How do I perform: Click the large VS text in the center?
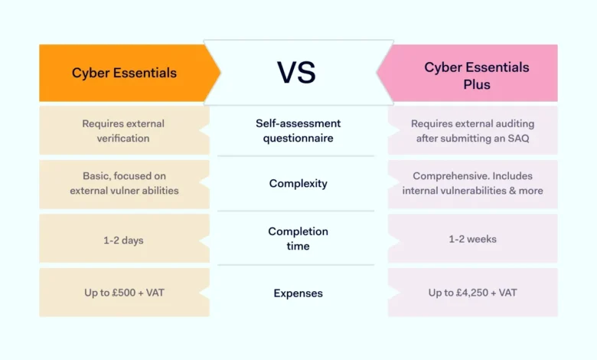click(x=298, y=73)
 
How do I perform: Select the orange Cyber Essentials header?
click(x=124, y=73)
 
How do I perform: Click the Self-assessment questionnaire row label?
click(x=298, y=130)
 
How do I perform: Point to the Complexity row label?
click(x=298, y=183)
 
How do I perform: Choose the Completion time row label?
click(x=298, y=238)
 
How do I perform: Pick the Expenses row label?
click(x=298, y=293)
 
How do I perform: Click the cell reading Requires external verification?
click(x=123, y=130)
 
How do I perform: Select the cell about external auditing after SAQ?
click(x=472, y=130)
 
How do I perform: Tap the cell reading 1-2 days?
click(x=123, y=239)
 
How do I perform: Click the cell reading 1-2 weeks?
click(x=472, y=239)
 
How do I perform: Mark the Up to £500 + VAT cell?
click(x=123, y=293)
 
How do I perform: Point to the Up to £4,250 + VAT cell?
click(x=472, y=293)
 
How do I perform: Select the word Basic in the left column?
click(x=96, y=176)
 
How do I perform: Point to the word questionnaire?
click(x=298, y=138)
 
